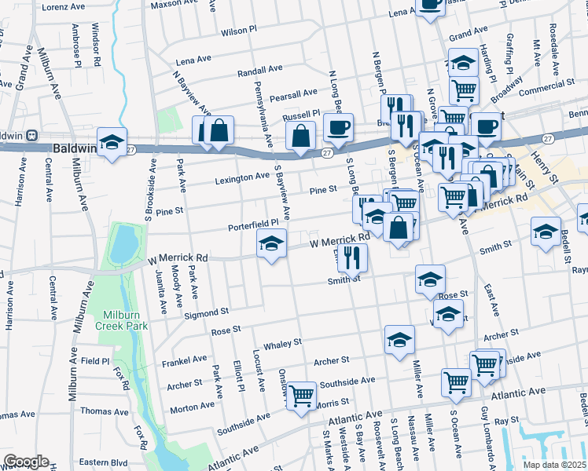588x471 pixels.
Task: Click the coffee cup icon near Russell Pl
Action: (x=339, y=126)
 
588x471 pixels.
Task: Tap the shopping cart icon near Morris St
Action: (x=301, y=395)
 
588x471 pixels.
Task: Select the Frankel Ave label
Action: (x=184, y=361)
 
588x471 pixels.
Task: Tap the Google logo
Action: (x=26, y=462)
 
